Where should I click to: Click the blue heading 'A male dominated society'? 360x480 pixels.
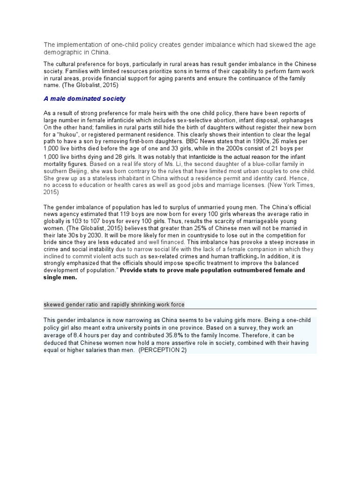click(x=85, y=99)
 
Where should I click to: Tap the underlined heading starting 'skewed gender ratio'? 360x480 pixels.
click(x=114, y=305)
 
